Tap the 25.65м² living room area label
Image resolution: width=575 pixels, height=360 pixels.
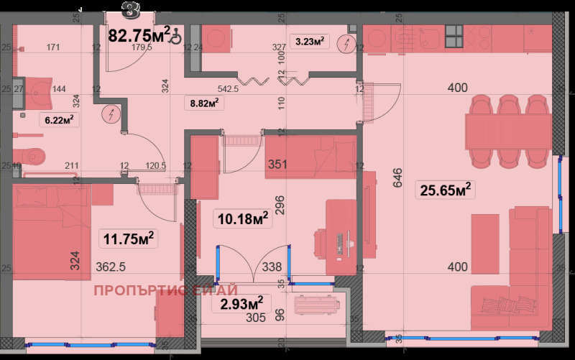click(444, 190)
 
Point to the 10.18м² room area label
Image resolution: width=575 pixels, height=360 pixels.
click(243, 218)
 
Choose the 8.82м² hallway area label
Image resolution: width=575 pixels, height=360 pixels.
click(203, 103)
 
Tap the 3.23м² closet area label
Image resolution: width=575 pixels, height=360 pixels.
click(309, 42)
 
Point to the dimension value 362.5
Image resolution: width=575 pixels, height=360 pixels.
click(111, 267)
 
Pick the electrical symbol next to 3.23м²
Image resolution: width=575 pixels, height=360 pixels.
click(348, 43)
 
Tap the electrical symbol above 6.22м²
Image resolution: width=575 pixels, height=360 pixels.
click(111, 114)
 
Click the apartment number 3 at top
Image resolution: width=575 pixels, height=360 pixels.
click(130, 9)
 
